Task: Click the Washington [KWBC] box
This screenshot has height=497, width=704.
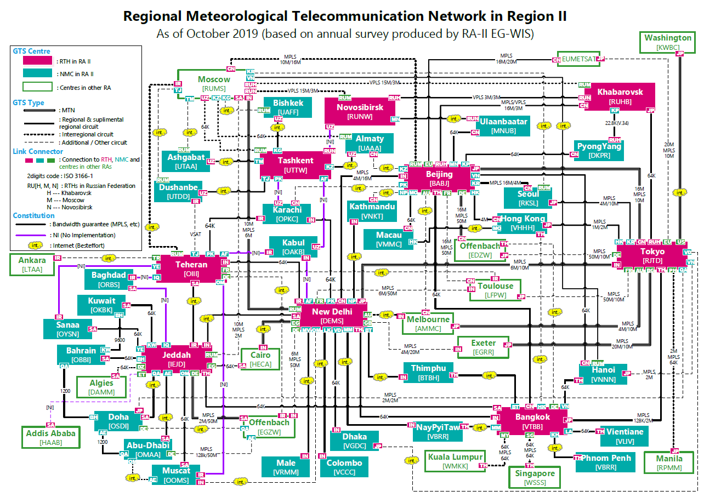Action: (x=668, y=43)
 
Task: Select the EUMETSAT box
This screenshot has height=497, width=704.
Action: (x=578, y=59)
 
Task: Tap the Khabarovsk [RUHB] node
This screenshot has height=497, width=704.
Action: (x=620, y=96)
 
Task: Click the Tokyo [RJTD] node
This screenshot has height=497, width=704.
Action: (x=652, y=256)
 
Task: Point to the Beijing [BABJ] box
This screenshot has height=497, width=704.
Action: (x=439, y=178)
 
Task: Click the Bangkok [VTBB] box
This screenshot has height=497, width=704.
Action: (x=530, y=421)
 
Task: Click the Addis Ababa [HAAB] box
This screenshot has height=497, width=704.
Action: (x=51, y=437)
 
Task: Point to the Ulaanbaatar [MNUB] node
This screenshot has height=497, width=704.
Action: (x=504, y=126)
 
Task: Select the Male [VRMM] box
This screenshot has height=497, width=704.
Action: (x=286, y=467)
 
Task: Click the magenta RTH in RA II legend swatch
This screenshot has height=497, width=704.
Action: (x=37, y=60)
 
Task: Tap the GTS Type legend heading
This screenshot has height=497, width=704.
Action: (x=29, y=102)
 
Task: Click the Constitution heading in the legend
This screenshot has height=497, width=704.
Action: (x=34, y=215)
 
